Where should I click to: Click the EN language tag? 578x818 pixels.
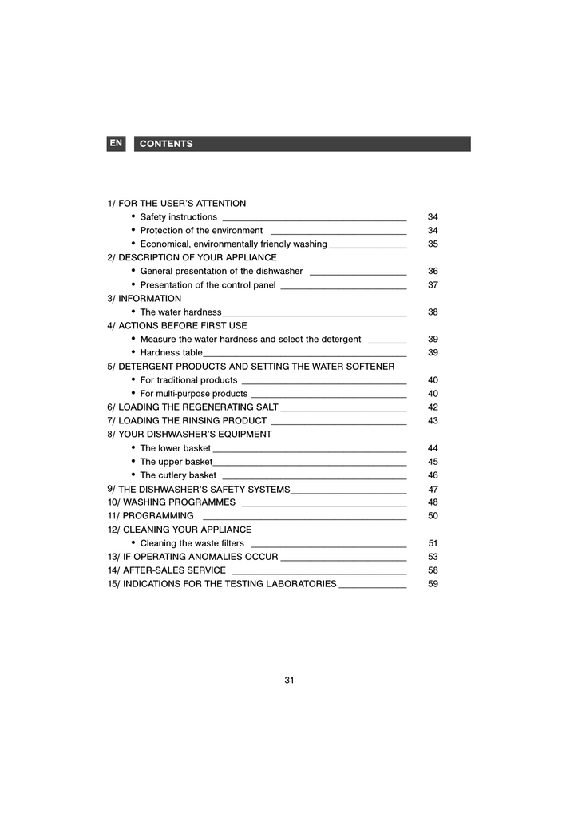pos(116,143)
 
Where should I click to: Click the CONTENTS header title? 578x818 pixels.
pos(166,144)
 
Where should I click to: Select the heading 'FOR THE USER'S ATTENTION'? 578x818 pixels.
pos(182,204)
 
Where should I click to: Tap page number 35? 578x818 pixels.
pos(433,244)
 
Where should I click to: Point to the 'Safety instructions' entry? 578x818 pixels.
pos(178,217)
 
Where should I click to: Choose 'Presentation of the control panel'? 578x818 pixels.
pos(208,285)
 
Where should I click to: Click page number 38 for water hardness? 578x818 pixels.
pos(433,312)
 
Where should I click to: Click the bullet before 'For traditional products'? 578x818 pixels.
pos(133,380)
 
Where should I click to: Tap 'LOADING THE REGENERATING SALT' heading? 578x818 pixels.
pos(198,407)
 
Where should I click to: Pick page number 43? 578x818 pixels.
pos(433,421)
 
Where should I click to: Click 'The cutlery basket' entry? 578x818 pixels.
pos(178,476)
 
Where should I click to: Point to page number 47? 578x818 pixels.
pos(433,490)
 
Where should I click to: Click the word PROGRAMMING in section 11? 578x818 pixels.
pos(158,517)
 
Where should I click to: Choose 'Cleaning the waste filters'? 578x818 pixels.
pos(192,544)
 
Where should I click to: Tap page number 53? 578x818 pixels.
pos(433,558)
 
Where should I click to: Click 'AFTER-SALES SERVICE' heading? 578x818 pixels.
pos(174,571)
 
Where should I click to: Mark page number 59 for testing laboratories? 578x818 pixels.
pos(433,585)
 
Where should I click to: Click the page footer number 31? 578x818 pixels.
pos(289,681)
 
